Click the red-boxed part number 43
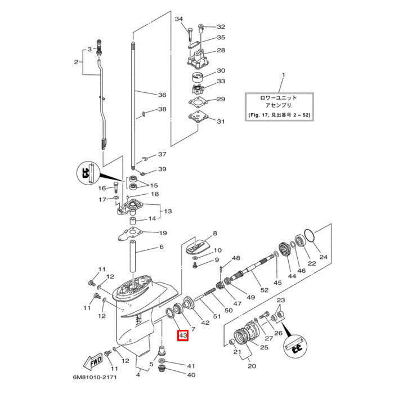pos(182,337)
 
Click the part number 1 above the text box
pos(283,75)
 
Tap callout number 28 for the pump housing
pos(221,51)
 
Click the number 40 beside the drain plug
pos(191,374)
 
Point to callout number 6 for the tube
pos(162,247)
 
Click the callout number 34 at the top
pos(180,20)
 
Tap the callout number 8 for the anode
pos(214,234)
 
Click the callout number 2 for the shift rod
pos(77,62)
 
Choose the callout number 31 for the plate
pos(221,121)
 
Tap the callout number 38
pos(162,109)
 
